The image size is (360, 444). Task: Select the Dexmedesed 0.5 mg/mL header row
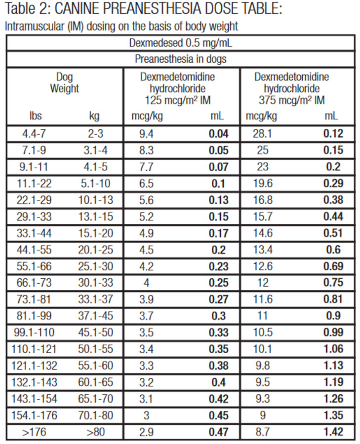pyautogui.click(x=180, y=43)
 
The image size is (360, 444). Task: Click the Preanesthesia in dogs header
pyautogui.click(x=180, y=59)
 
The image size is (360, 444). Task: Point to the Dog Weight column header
pyautogui.click(x=64, y=83)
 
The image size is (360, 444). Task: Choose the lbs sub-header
pyautogui.click(x=36, y=116)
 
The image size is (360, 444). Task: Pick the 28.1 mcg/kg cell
pyautogui.click(x=263, y=134)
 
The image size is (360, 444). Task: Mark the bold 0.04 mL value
pyautogui.click(x=218, y=134)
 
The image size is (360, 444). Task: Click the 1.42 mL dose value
pyautogui.click(x=332, y=432)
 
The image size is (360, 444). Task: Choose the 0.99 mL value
pyautogui.click(x=332, y=333)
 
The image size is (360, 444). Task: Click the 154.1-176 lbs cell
pyautogui.click(x=34, y=415)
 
